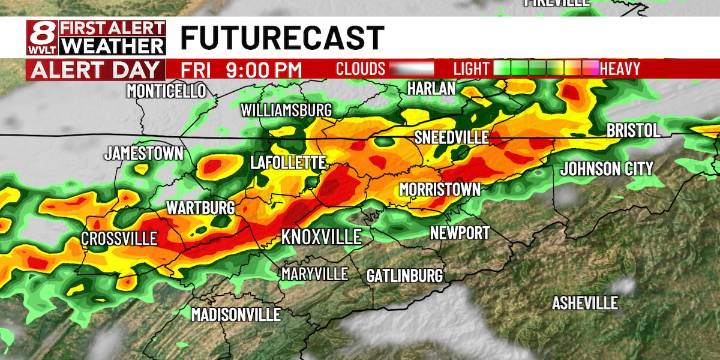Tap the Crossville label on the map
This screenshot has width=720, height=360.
(x=119, y=239)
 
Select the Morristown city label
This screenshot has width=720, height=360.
(x=440, y=189)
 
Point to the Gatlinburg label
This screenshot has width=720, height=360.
(x=404, y=275)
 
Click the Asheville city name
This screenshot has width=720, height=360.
(x=585, y=303)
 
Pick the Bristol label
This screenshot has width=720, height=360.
(x=633, y=131)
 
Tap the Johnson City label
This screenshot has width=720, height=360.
(x=607, y=168)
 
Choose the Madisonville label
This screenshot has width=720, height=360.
(x=235, y=314)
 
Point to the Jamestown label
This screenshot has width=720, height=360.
(x=144, y=154)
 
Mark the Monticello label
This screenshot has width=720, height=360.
(x=166, y=91)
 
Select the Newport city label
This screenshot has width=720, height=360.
(x=459, y=233)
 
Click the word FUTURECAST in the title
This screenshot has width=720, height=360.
(x=282, y=38)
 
